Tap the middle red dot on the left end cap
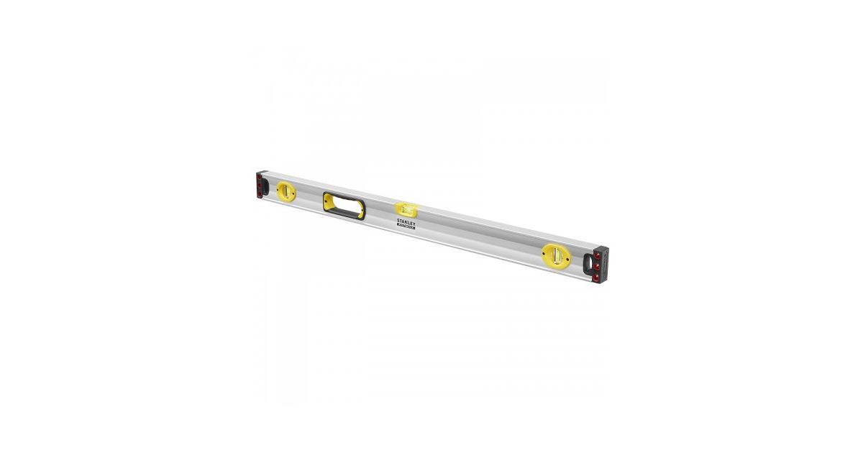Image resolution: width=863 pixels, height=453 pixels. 257,184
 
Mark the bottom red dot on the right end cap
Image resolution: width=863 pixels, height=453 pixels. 597,278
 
